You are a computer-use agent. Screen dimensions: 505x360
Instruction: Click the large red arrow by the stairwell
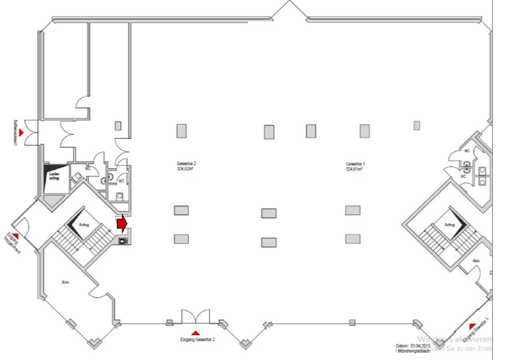pyautogui.click(x=122, y=223)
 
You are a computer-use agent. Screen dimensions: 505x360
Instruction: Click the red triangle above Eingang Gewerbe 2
pyautogui.click(x=196, y=333)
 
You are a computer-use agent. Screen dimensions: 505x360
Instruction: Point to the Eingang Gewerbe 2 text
pyautogui.click(x=197, y=340)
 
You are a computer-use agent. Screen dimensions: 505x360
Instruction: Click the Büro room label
pyautogui.click(x=66, y=282)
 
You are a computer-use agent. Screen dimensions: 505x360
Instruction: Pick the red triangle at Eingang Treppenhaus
pyautogui.click(x=16, y=235)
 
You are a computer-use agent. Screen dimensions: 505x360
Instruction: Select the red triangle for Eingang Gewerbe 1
pyautogui.click(x=472, y=326)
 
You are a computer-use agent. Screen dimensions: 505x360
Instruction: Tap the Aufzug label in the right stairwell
pyautogui.click(x=449, y=224)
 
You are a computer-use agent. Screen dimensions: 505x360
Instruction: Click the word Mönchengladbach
pyautogui.click(x=413, y=351)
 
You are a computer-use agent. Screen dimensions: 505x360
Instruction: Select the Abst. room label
pyautogui.click(x=476, y=260)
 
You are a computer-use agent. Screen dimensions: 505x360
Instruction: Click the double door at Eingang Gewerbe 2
pyautogui.click(x=196, y=317)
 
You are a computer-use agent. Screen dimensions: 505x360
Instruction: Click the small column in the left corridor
pyautogui.click(x=118, y=125)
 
